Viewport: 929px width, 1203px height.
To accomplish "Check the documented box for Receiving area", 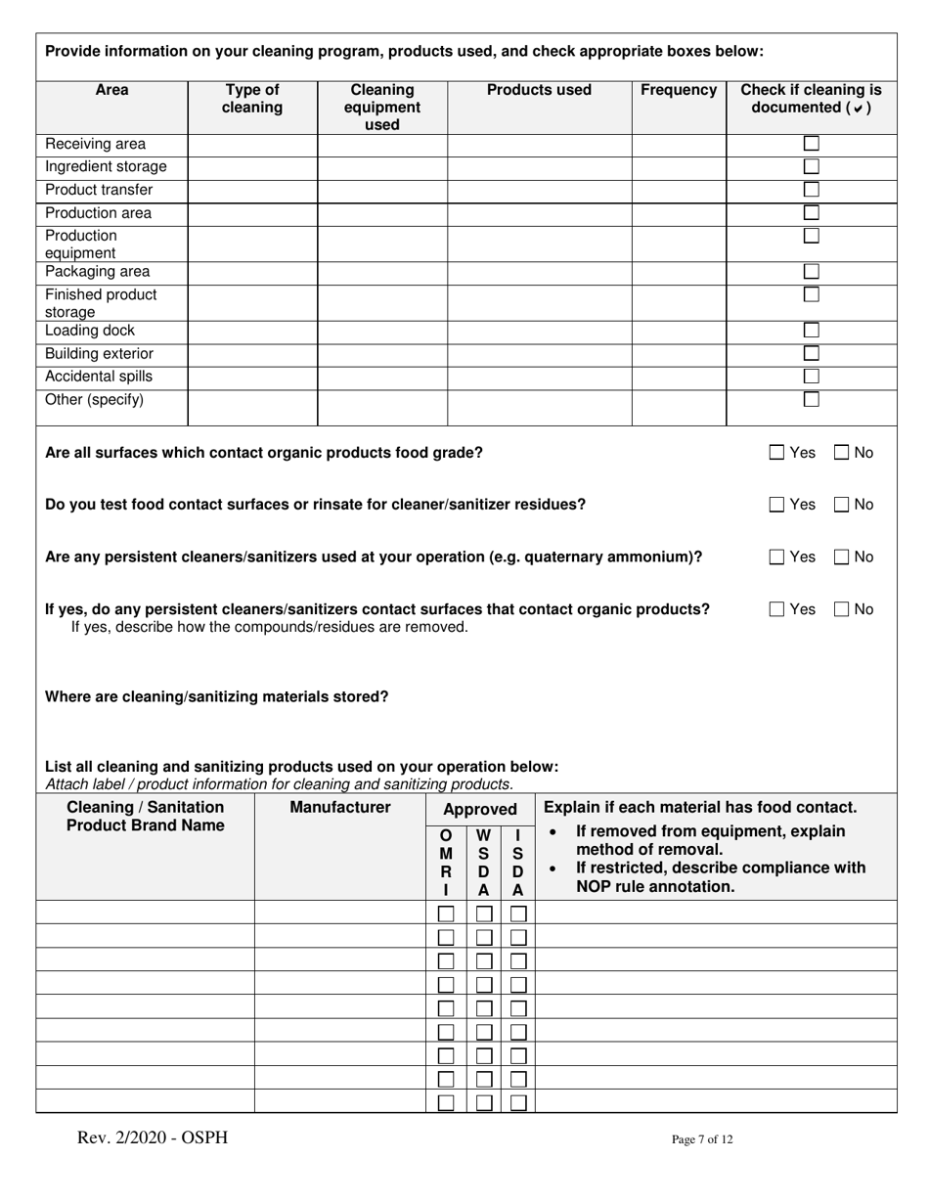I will [x=811, y=144].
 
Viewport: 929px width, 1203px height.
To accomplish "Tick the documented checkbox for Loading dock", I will [x=811, y=331].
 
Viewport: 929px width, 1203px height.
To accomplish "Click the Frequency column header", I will [x=678, y=91].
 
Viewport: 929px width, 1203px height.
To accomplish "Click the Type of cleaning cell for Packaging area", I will [x=252, y=272].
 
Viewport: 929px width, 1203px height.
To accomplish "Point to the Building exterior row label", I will [x=99, y=354].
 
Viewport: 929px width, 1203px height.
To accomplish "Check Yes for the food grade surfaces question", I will [x=777, y=453].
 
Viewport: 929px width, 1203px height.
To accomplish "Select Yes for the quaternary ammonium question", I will [x=777, y=557].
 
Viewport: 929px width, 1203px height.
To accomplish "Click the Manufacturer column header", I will [x=340, y=808].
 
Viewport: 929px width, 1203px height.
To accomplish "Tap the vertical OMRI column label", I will [x=446, y=863].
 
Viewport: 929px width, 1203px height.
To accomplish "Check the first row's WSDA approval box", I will [x=483, y=913].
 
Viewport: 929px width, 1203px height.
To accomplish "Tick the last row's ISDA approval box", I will [x=518, y=1102].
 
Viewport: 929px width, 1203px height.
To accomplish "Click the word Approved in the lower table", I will [x=480, y=810].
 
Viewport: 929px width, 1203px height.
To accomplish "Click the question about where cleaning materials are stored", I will [x=217, y=697].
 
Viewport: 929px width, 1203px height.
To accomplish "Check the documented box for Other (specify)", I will [x=811, y=400].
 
